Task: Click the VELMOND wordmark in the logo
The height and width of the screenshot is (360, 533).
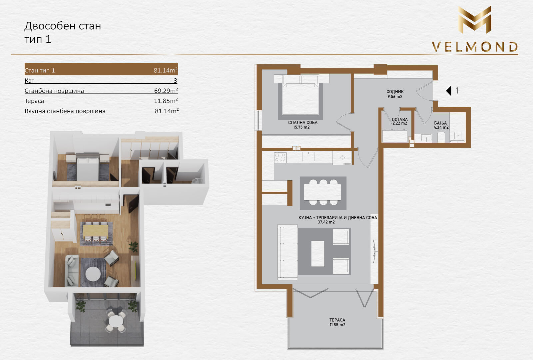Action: pyautogui.click(x=475, y=47)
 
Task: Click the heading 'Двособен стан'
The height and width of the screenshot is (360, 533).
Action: pyautogui.click(x=63, y=26)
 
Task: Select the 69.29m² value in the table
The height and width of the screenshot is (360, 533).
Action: pyautogui.click(x=166, y=90)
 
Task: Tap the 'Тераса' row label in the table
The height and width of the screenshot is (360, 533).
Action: pyautogui.click(x=34, y=101)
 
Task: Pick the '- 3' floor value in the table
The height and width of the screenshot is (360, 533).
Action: pyautogui.click(x=174, y=80)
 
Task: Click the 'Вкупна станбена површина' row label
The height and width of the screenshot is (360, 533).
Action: pyautogui.click(x=65, y=111)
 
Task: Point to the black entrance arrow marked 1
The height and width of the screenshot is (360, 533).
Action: pyautogui.click(x=449, y=91)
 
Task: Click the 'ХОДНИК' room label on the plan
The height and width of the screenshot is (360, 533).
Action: pyautogui.click(x=395, y=91)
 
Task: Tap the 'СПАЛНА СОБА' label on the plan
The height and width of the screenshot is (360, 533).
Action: pyautogui.click(x=303, y=122)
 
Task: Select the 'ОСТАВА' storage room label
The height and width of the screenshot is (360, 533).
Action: pyautogui.click(x=400, y=119)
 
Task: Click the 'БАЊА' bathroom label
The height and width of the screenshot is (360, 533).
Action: pyautogui.click(x=440, y=123)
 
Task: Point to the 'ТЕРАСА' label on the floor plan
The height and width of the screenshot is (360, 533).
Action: pyautogui.click(x=337, y=320)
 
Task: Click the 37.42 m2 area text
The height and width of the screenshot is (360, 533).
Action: pyautogui.click(x=326, y=222)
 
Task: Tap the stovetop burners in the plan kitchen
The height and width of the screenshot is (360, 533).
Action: pyautogui.click(x=280, y=158)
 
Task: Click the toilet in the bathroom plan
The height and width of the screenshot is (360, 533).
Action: pyautogui.click(x=441, y=137)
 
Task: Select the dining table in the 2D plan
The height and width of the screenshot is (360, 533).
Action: pyautogui.click(x=323, y=192)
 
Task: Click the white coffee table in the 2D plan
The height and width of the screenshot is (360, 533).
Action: pyautogui.click(x=318, y=254)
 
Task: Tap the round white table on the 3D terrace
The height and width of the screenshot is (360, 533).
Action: pyautogui.click(x=116, y=321)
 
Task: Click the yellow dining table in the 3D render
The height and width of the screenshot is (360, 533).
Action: pyautogui.click(x=95, y=230)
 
